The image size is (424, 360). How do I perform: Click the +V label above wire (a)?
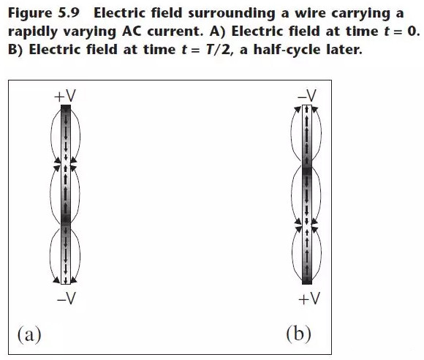pos(65,96)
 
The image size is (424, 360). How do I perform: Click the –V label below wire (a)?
pos(67,299)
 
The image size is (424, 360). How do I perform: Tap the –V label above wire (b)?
pos(306,96)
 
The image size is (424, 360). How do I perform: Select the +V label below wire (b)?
pos(309,299)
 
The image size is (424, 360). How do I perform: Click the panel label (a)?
pos(29,334)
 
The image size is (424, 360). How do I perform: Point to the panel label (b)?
pos(298,334)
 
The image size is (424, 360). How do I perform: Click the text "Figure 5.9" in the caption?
pos(44,13)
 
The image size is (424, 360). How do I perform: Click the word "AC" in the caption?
pos(132,31)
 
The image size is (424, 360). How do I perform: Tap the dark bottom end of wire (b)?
pos(307,280)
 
